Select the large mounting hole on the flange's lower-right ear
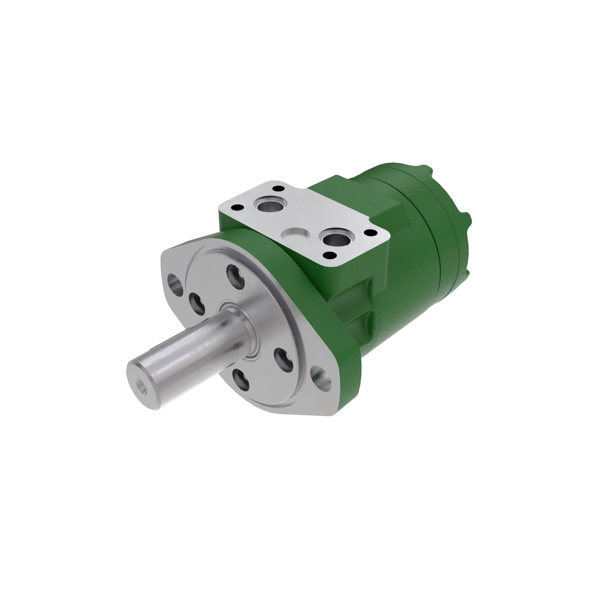321,378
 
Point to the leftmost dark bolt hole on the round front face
197,304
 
